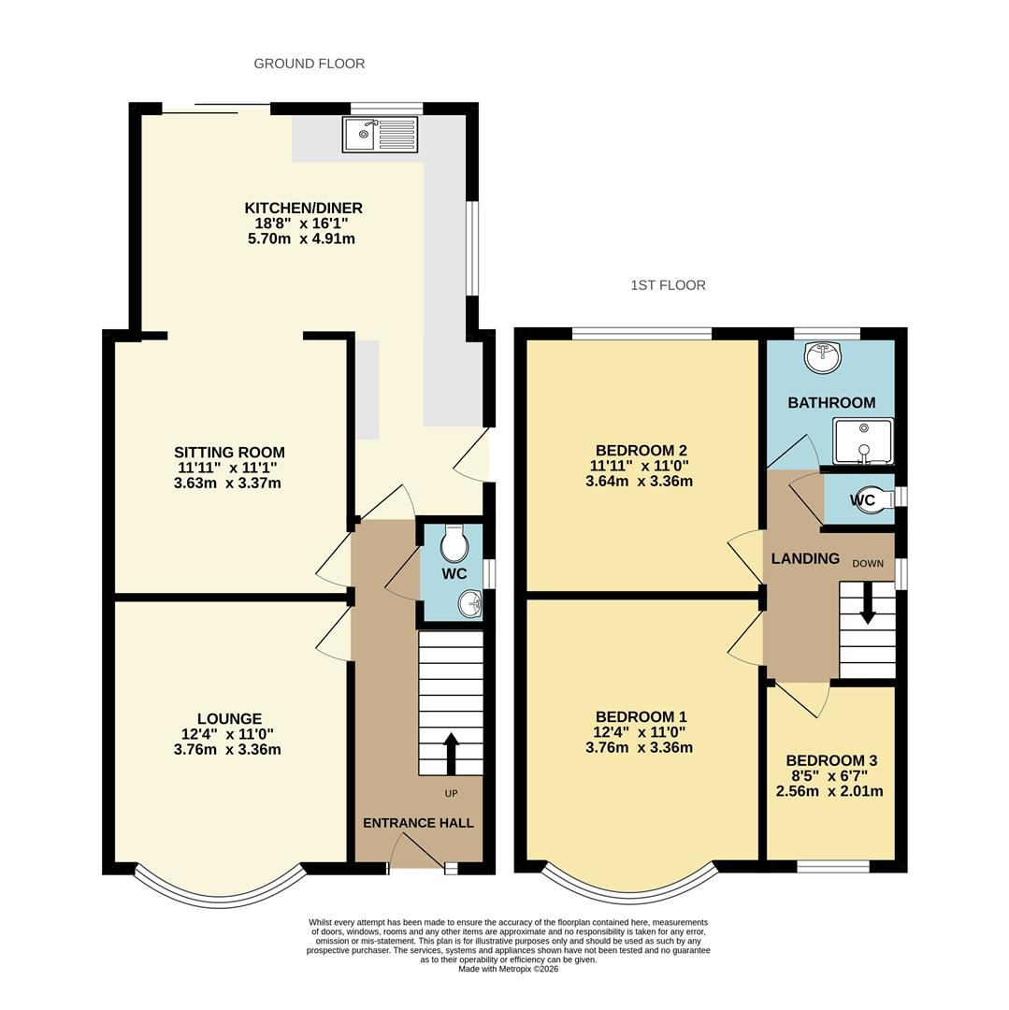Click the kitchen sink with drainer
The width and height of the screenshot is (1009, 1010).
(x=380, y=134)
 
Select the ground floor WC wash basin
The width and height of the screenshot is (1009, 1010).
(x=470, y=605)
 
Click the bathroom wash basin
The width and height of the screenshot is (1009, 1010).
(x=822, y=357)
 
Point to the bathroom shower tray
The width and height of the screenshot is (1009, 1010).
(x=863, y=441)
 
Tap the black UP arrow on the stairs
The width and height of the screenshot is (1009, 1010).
(x=451, y=754)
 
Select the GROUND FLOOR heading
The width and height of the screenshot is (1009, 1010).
(x=310, y=64)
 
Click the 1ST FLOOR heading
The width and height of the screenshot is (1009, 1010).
(x=669, y=285)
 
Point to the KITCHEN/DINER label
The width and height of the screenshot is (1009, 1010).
(x=303, y=208)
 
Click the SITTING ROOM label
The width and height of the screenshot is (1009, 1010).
(x=229, y=453)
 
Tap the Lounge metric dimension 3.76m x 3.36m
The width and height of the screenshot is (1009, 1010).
(x=227, y=750)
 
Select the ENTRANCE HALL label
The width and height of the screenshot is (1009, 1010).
(x=419, y=823)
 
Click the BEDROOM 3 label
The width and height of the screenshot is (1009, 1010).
(x=831, y=760)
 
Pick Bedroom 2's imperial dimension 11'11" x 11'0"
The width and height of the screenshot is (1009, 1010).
(x=639, y=466)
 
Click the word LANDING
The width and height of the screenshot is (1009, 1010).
(x=805, y=558)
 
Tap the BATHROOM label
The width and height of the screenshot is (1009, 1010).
(x=832, y=402)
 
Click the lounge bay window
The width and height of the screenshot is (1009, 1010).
(x=219, y=892)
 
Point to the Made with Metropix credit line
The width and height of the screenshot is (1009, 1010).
(x=509, y=969)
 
